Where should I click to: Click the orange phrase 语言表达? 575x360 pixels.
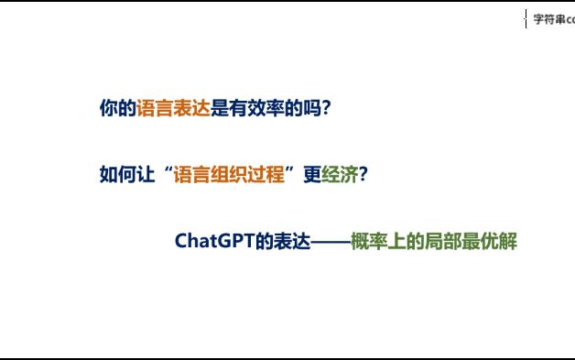pyautogui.click(x=173, y=108)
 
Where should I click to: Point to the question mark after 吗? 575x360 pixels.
pyautogui.click(x=327, y=108)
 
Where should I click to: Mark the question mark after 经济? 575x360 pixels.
pyautogui.click(x=363, y=175)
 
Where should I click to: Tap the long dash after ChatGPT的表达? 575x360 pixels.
pyautogui.click(x=331, y=242)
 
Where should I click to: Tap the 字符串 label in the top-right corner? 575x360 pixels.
pyautogui.click(x=549, y=19)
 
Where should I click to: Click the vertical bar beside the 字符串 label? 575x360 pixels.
pyautogui.click(x=526, y=19)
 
